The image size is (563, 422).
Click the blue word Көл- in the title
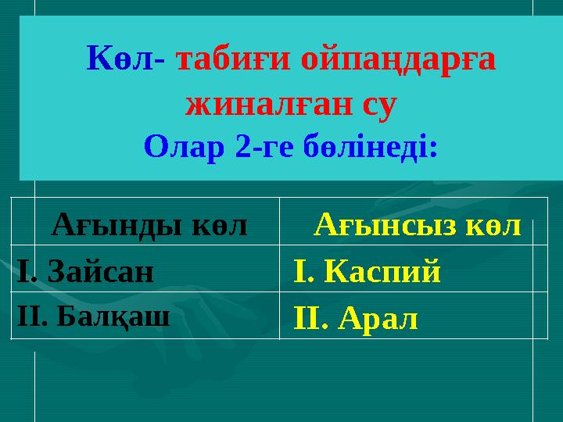tap(125, 59)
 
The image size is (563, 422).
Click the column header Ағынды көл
tap(149, 226)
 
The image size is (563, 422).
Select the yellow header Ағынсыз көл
tap(418, 226)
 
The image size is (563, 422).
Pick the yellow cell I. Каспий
tap(367, 272)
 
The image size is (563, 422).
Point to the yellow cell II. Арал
tap(355, 319)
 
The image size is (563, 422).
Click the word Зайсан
tap(100, 271)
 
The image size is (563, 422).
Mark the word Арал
tap(378, 319)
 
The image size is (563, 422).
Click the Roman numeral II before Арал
tap(304, 319)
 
